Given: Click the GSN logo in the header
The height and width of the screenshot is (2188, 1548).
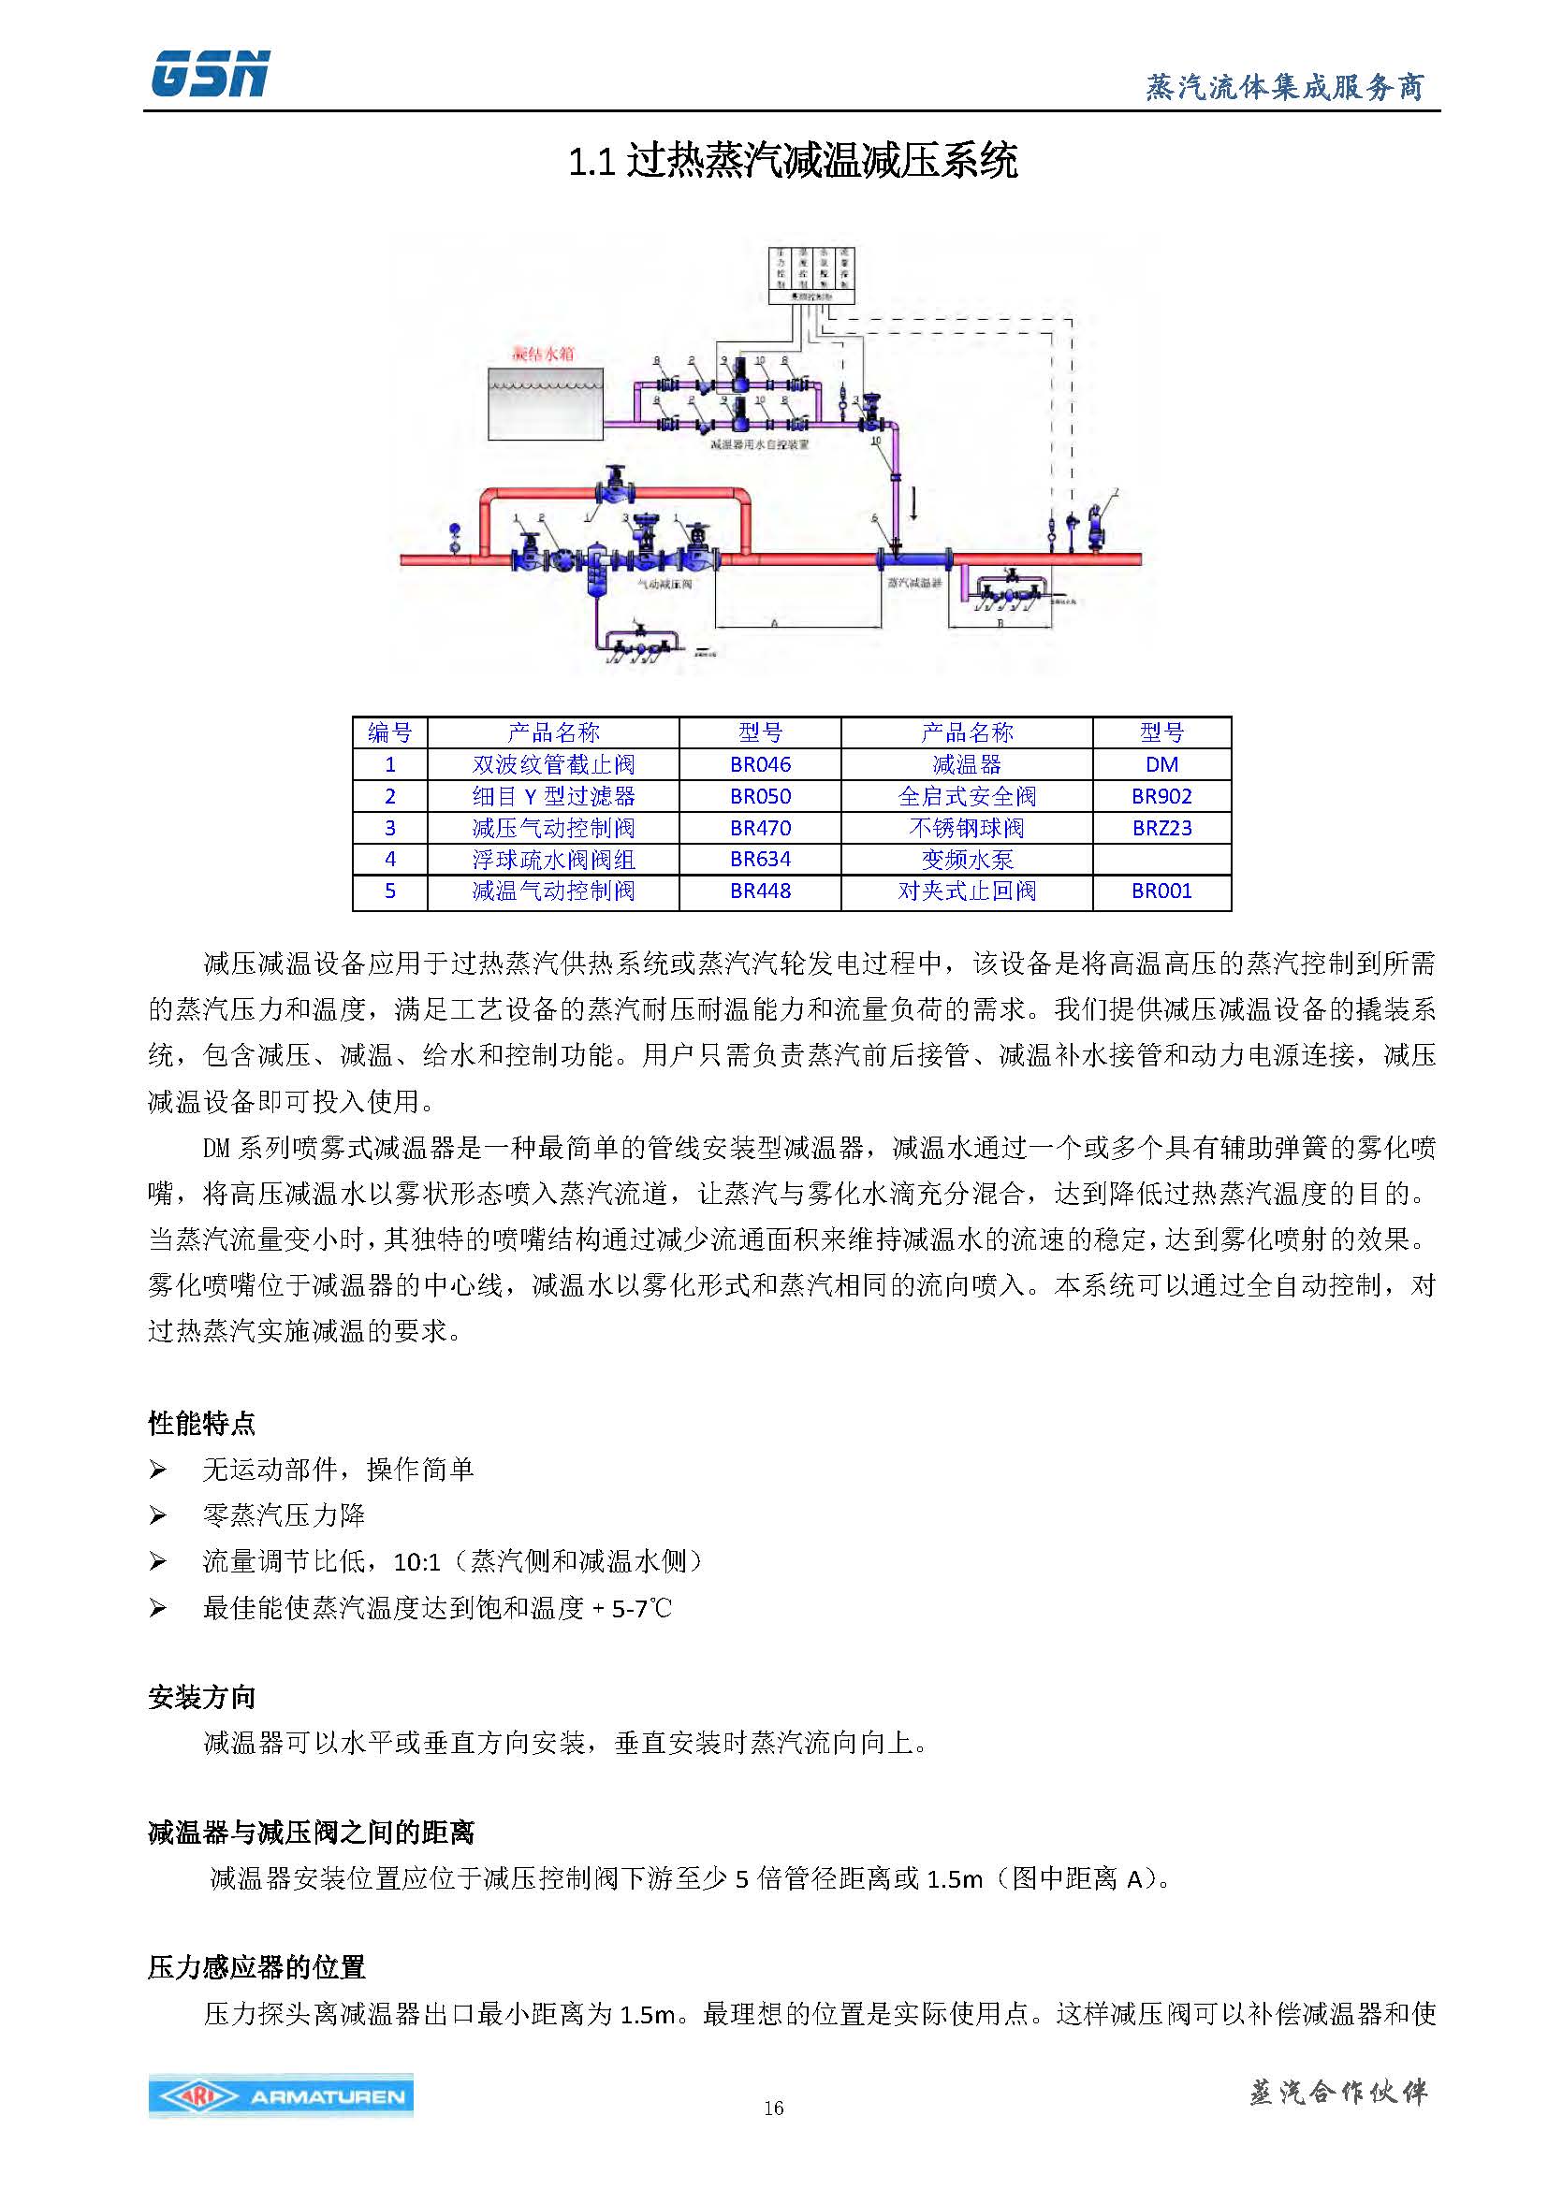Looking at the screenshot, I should tap(211, 73).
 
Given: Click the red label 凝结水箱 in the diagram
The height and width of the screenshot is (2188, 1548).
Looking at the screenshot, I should tap(544, 354).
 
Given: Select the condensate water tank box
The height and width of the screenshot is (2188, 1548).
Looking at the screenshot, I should tap(546, 404).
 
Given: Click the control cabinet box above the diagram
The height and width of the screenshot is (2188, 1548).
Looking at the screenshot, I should tap(811, 274).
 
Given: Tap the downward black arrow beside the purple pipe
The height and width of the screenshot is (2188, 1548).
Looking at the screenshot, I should tap(913, 502).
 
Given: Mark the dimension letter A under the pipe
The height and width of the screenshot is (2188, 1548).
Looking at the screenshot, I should tap(774, 623).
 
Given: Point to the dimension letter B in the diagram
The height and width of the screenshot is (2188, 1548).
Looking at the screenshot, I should tap(1000, 623).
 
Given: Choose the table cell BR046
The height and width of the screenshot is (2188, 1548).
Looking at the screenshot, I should tap(760, 764).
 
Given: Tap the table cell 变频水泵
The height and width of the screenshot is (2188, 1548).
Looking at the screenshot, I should tap(967, 860).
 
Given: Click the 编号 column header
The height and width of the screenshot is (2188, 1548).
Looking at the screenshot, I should tap(390, 732).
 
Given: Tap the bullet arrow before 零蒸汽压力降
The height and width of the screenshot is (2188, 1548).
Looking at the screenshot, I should tap(158, 1516).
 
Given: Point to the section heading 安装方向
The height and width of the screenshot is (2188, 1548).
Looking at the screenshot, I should tap(202, 1697).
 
